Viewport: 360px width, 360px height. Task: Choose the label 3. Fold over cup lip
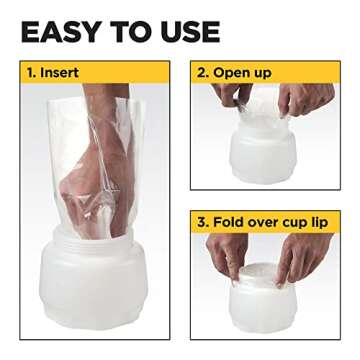point(267,221)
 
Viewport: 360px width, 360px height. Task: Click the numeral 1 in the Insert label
point(32,72)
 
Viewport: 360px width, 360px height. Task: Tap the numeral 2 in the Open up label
point(202,72)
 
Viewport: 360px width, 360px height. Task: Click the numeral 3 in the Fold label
point(202,221)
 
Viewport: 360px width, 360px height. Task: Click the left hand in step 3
point(225,255)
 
